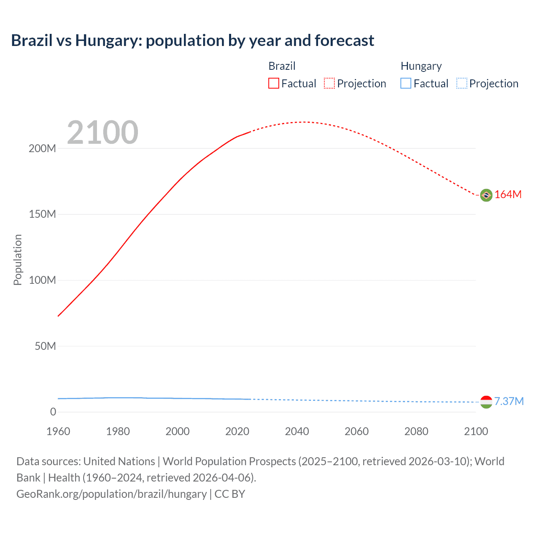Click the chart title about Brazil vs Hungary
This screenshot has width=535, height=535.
point(193,41)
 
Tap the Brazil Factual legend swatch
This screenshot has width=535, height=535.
point(273,83)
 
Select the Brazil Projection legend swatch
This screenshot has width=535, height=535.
point(329,83)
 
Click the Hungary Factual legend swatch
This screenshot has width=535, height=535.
point(406,83)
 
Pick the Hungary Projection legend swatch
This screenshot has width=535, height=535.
point(462,83)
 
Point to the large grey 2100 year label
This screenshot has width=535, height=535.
point(102,132)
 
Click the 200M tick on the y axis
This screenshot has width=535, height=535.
point(42,148)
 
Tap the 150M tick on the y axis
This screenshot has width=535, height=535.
point(42,214)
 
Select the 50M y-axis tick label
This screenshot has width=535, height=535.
point(45,346)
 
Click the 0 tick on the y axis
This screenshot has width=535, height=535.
point(53,412)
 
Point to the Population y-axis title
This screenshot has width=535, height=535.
point(18,260)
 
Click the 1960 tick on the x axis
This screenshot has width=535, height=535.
point(58,431)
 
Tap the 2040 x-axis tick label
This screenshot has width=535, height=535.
point(297,431)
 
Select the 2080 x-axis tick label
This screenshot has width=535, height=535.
point(416,431)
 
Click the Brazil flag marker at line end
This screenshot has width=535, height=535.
point(486,195)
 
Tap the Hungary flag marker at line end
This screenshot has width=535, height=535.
point(486,402)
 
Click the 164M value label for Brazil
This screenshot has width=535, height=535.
point(508,195)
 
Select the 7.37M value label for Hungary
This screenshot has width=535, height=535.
point(509,401)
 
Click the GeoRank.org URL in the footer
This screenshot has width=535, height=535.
point(112,494)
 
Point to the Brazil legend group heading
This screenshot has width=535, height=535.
point(282,66)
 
